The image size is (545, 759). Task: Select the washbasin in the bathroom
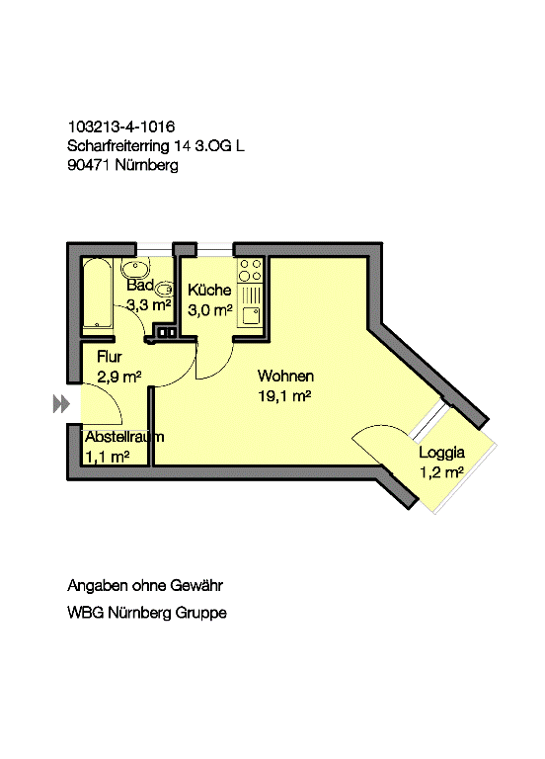tap(135, 267)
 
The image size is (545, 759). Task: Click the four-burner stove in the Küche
tap(251, 270)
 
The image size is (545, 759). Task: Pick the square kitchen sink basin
tap(251, 315)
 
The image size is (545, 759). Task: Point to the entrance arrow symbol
tap(61, 403)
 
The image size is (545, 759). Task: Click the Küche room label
tap(209, 290)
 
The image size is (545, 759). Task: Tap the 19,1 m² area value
tap(284, 396)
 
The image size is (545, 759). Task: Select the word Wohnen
tap(285, 376)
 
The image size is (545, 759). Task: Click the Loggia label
tap(441, 453)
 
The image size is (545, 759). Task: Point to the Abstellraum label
tap(124, 437)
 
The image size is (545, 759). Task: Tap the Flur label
tap(110, 357)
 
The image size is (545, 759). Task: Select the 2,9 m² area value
tap(118, 377)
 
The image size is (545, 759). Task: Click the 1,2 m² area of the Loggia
tap(441, 472)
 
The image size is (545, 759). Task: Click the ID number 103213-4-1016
tap(121, 126)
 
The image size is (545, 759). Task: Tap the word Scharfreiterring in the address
tap(118, 145)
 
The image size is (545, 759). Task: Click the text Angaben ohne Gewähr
tap(145, 586)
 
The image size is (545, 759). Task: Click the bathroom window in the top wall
tap(154, 249)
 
